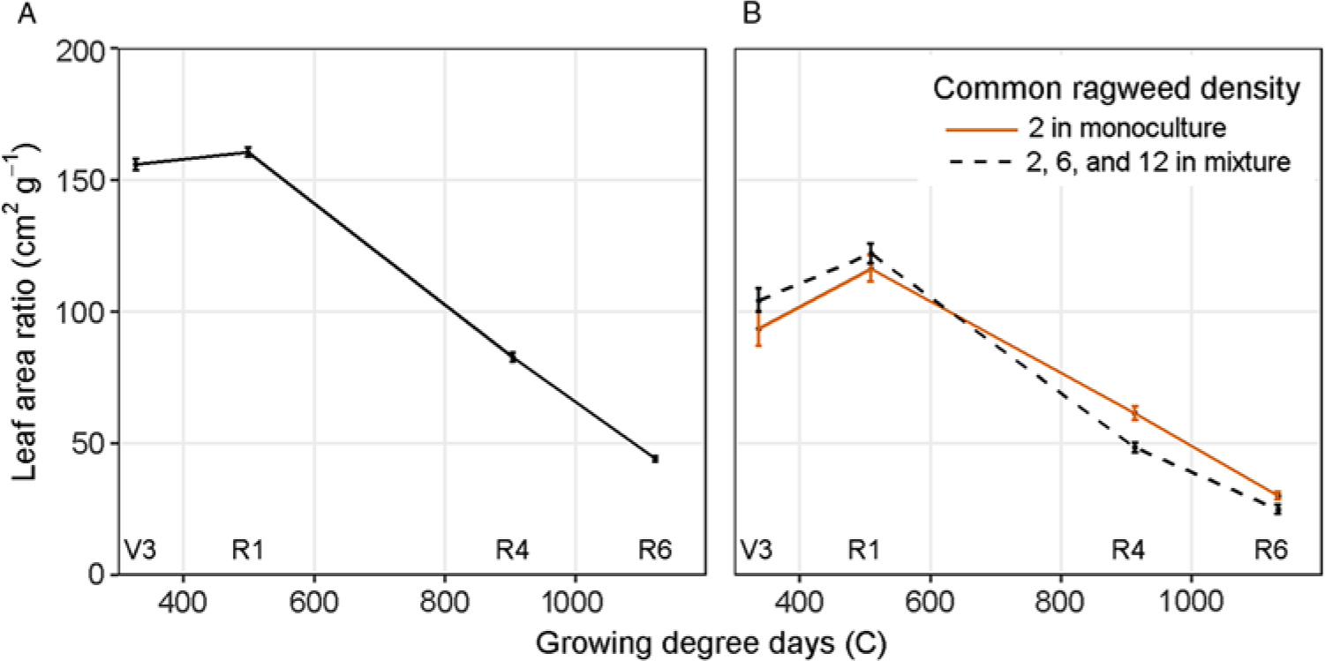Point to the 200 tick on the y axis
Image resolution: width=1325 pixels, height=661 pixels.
[85, 50]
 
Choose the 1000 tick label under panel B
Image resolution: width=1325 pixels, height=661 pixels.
[1191, 608]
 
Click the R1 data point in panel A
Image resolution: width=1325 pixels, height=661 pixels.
[248, 152]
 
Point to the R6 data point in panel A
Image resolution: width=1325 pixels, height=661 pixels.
[655, 459]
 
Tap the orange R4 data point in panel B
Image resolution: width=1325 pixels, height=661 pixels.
[1135, 412]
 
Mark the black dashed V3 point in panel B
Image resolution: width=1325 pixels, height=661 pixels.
[757, 301]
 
